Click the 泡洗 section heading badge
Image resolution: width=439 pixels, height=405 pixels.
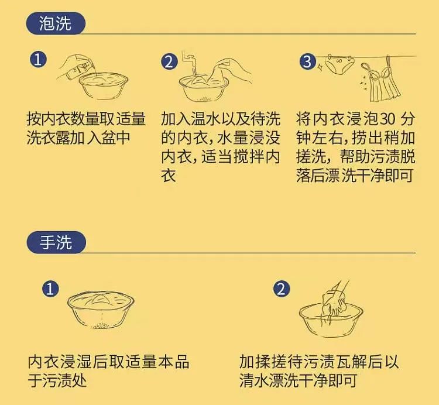pos(56,24)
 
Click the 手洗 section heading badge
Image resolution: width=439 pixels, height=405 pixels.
pos(56,243)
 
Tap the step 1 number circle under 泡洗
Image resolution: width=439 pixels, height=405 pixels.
pos(38,60)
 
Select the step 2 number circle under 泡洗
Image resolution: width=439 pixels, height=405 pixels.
pos(169,62)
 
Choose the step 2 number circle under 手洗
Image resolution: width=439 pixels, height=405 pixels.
pos(282,289)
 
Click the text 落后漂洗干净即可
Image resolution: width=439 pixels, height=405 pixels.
pos(355,176)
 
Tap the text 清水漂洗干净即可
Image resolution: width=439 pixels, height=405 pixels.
pos(298,381)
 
